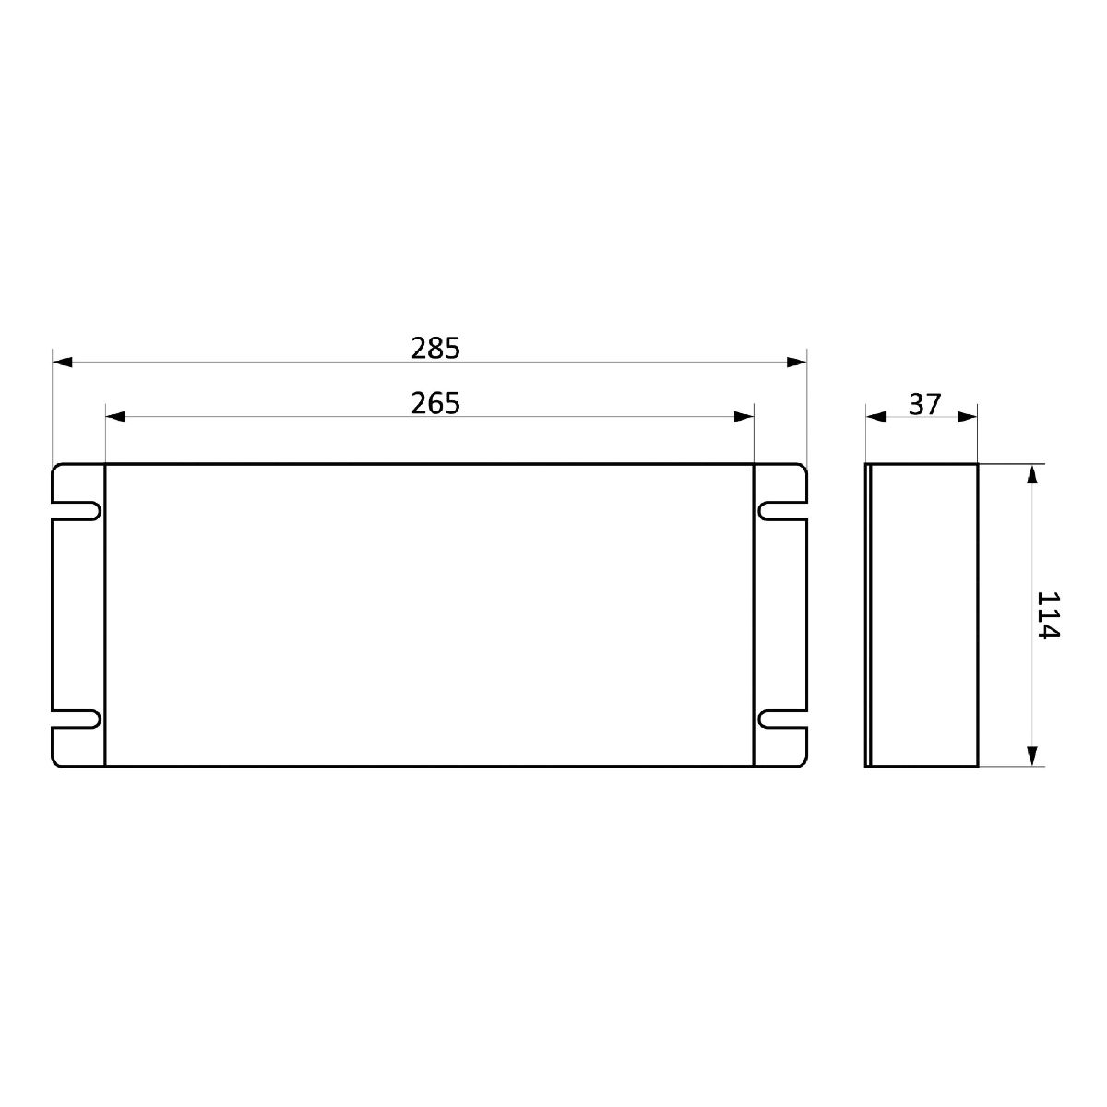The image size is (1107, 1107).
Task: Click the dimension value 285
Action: point(434,349)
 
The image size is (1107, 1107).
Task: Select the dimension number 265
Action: point(434,404)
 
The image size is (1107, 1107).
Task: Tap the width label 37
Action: point(924,404)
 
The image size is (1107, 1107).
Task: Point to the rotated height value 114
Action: point(1049,614)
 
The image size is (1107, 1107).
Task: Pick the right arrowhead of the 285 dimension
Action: point(796,362)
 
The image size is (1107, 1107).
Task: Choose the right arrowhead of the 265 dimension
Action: point(744,417)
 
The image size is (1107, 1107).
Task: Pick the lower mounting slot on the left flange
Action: point(76,719)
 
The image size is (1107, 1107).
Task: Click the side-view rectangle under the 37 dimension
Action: point(922,614)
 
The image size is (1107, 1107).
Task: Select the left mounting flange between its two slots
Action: point(78,614)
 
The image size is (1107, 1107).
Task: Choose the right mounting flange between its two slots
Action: point(780,614)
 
